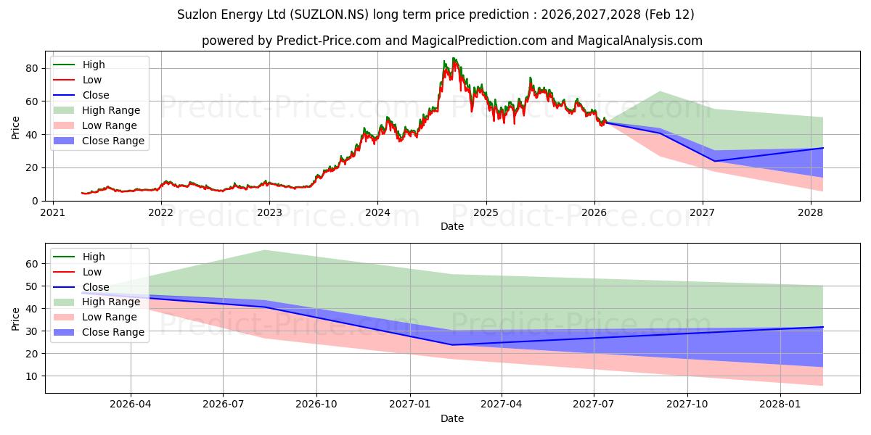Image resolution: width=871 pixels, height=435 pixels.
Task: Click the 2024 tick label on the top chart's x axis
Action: [x=377, y=212]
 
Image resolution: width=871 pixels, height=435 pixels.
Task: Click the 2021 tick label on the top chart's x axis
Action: [x=52, y=212]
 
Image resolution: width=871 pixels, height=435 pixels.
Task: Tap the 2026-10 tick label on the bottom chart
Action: [x=317, y=405]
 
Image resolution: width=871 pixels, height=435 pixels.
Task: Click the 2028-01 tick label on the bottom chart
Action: [x=780, y=405]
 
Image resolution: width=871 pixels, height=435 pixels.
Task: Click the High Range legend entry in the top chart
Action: [x=111, y=110]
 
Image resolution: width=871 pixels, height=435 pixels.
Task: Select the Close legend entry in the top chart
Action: [x=96, y=95]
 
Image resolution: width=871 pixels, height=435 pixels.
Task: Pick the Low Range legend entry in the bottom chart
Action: [x=110, y=317]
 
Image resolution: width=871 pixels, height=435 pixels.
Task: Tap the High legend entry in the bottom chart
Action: [x=94, y=257]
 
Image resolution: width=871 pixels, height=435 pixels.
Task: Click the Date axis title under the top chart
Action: [x=452, y=226]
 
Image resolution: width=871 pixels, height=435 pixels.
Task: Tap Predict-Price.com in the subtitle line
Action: [x=328, y=41]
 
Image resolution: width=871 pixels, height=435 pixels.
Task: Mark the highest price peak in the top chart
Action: [x=454, y=58]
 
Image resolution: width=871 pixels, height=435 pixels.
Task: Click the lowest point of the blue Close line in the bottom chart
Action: [x=452, y=344]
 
